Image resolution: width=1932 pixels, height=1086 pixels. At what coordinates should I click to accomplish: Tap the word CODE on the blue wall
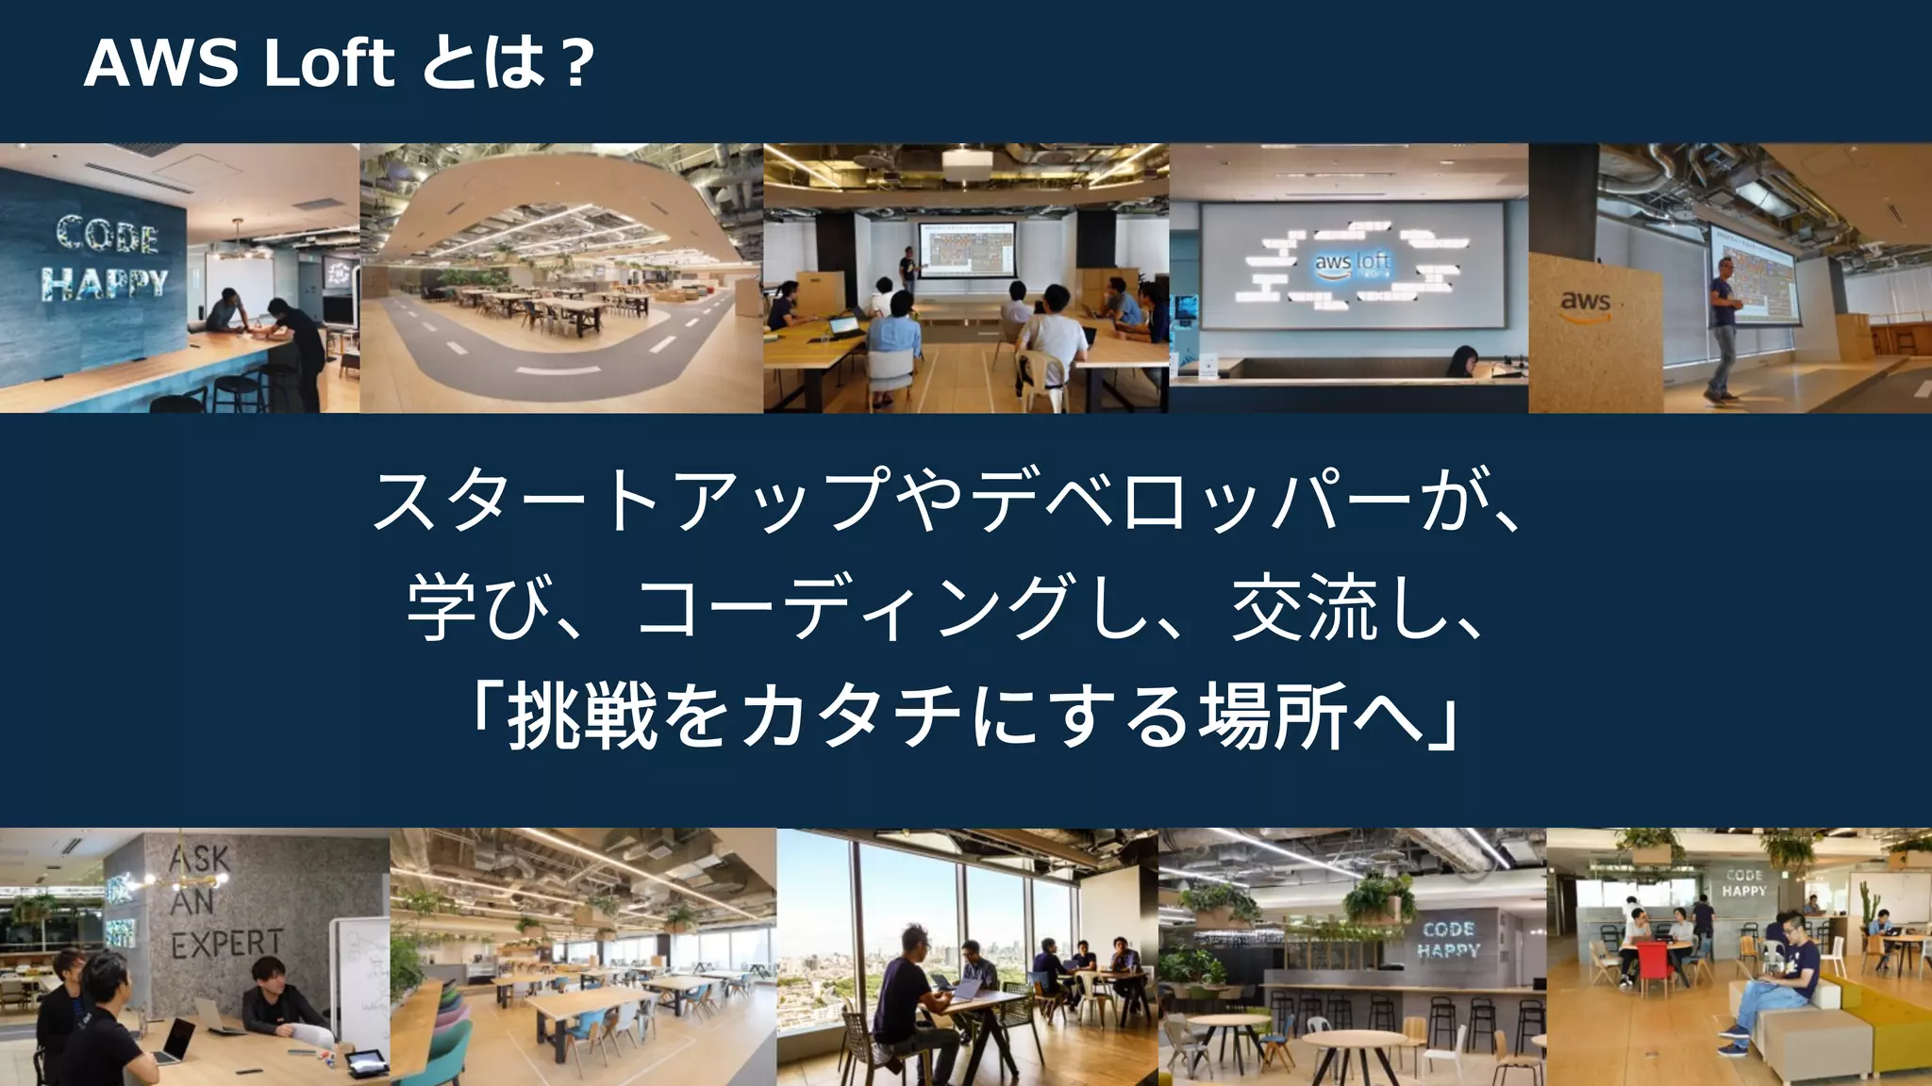106,234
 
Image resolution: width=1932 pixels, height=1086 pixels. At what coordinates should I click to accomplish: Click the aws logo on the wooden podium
1585,304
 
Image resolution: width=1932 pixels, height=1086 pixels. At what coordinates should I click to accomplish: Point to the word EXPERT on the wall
226,943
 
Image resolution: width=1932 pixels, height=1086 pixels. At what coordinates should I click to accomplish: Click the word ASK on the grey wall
199,860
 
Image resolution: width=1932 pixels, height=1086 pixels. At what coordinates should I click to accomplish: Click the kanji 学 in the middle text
441,609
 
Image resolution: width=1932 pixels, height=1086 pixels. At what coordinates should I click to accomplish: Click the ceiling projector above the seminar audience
966,164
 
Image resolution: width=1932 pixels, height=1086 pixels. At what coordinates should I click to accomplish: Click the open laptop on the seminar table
844,327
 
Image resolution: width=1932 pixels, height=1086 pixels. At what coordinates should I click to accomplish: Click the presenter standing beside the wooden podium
1724,325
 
